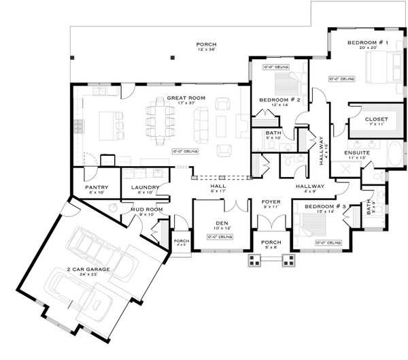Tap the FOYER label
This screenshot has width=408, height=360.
pyautogui.click(x=271, y=202)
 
